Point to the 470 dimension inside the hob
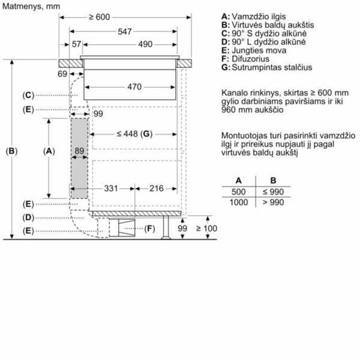coord(134,88)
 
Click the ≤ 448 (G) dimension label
coord(132,134)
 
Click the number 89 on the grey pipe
coord(79,151)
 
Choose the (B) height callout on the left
coord(12,151)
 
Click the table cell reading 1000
coord(238,202)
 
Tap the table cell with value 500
coord(238,192)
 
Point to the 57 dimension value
coord(77,44)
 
